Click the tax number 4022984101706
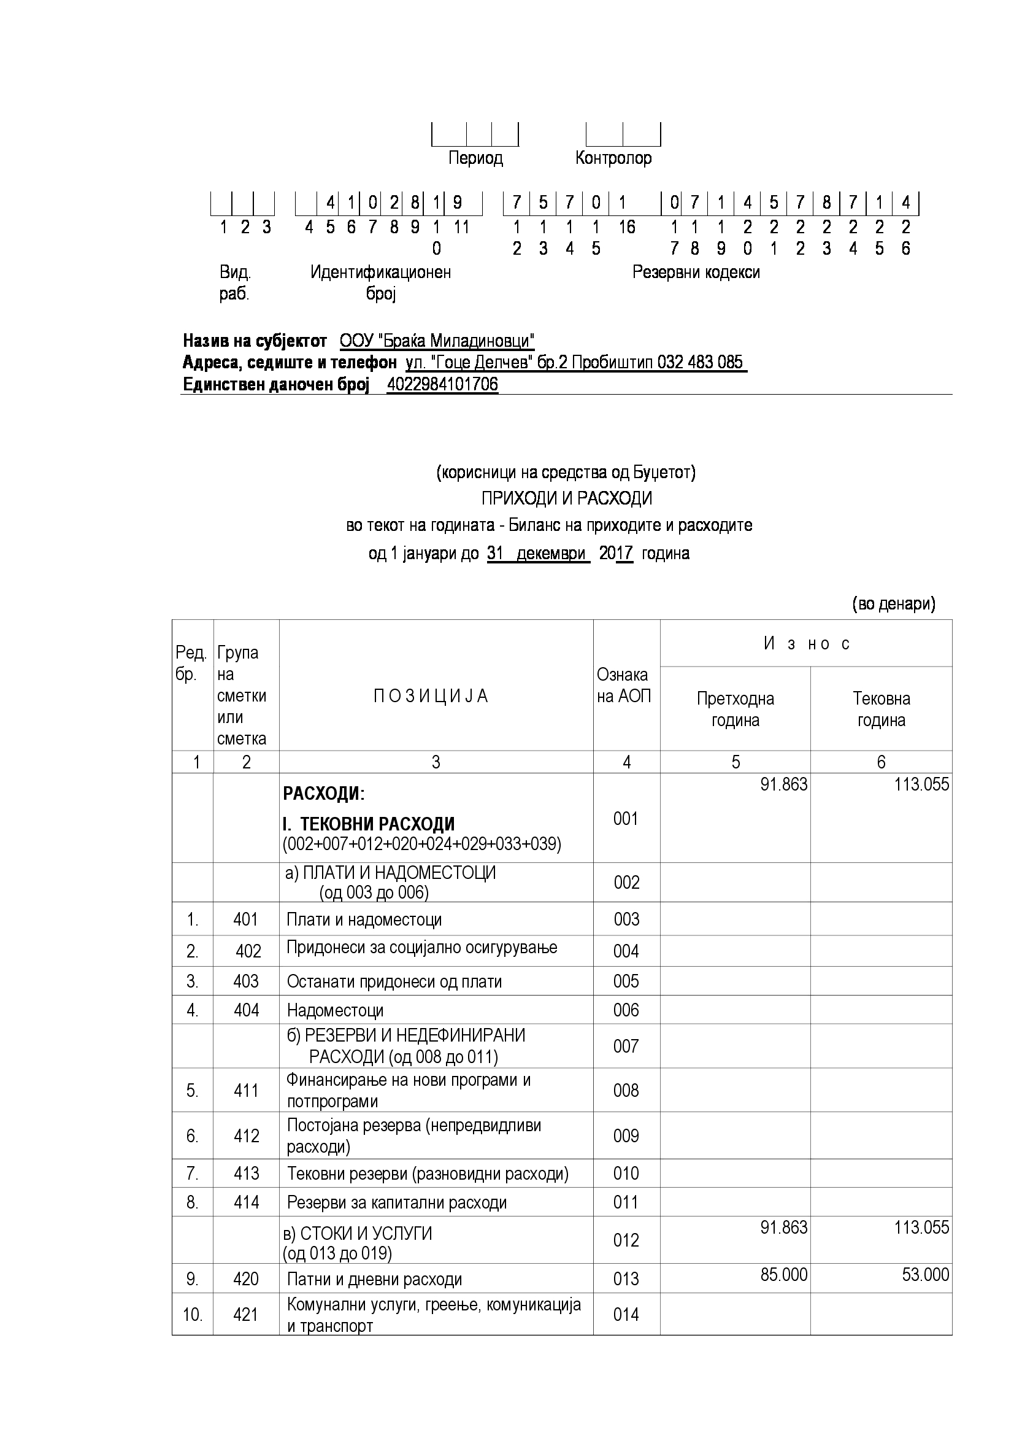click(442, 384)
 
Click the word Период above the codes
click(475, 158)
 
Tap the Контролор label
click(613, 158)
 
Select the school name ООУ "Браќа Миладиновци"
click(437, 341)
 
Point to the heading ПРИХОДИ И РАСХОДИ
click(566, 498)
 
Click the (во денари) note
click(893, 604)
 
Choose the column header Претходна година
click(736, 709)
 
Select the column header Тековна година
click(881, 709)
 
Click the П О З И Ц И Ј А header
click(431, 696)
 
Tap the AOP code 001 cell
click(626, 818)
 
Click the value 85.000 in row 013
click(783, 1274)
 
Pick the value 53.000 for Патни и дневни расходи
click(925, 1274)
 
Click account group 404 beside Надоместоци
click(246, 1011)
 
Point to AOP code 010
click(626, 1173)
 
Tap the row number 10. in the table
click(193, 1314)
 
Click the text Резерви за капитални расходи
click(397, 1202)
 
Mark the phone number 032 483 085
click(700, 363)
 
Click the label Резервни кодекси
click(696, 273)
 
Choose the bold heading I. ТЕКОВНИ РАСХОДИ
click(369, 824)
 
